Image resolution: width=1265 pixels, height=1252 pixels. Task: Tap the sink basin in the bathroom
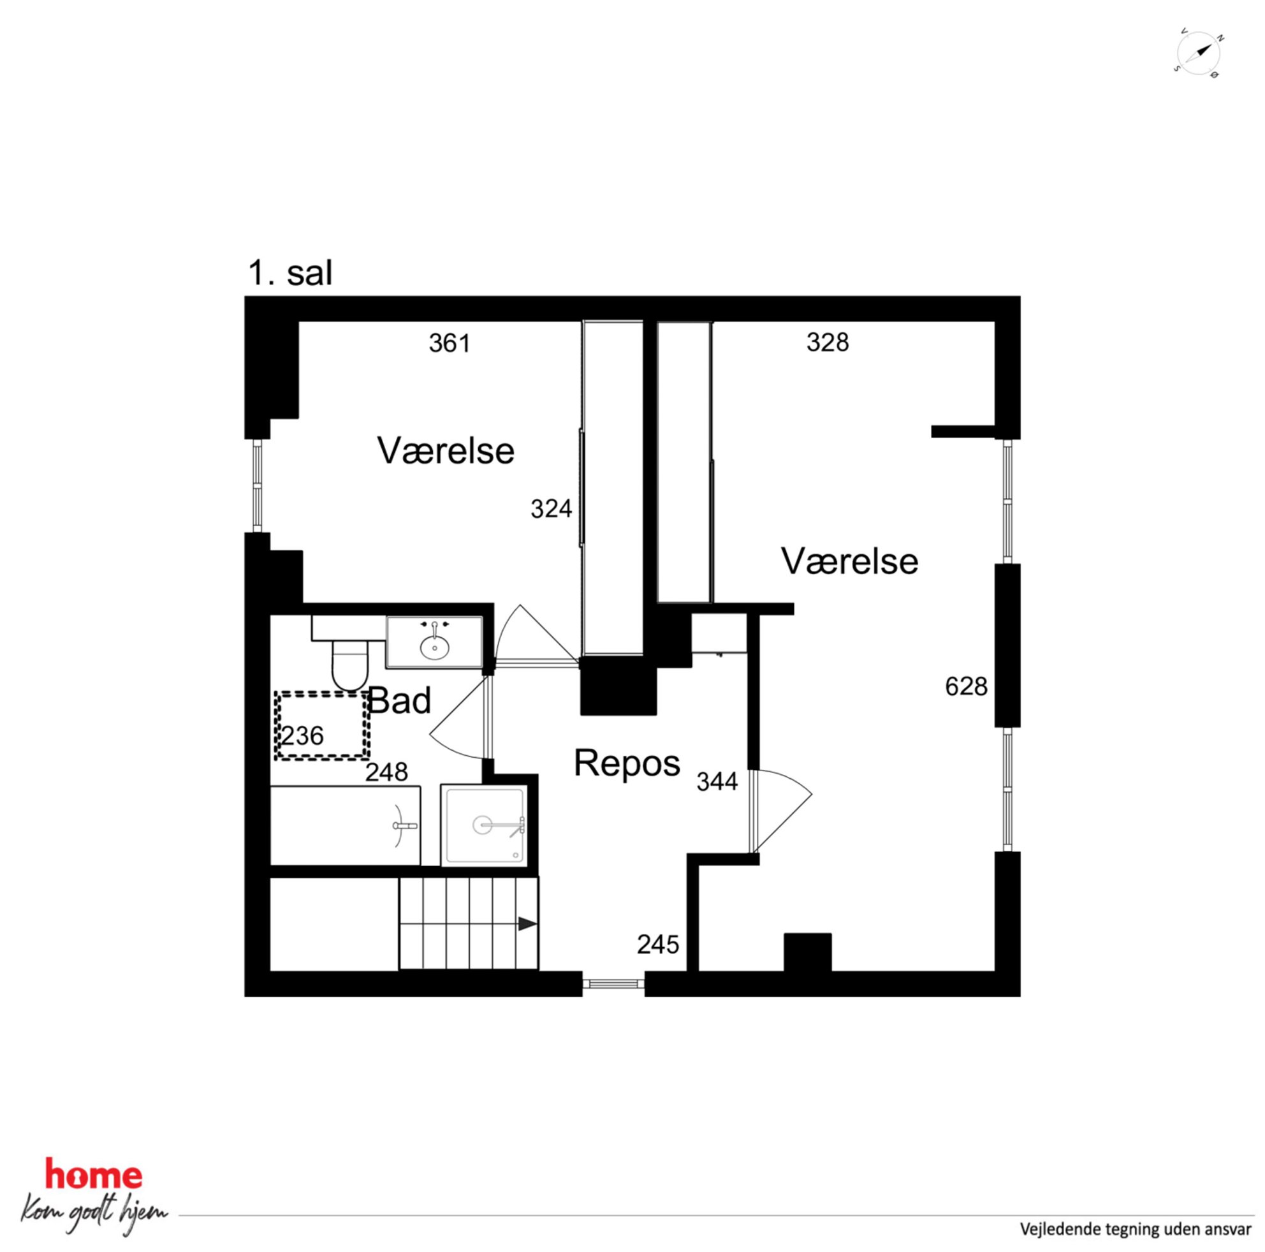[x=435, y=648]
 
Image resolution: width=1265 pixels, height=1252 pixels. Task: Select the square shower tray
[x=485, y=825]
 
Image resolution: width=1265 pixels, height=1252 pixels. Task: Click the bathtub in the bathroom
[x=345, y=825]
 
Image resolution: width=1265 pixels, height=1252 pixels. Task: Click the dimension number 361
[x=450, y=343]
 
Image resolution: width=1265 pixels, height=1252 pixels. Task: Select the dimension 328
[x=828, y=342]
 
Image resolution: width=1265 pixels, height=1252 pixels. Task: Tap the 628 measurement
[x=966, y=686]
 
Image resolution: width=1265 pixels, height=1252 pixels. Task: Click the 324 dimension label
[x=552, y=509]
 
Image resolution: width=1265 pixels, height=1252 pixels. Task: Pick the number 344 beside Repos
[x=717, y=781]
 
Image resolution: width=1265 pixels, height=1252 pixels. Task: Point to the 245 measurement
[x=658, y=944]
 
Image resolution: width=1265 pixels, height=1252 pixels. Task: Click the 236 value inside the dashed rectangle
[x=302, y=736]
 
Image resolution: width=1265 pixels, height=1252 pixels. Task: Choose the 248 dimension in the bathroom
[x=386, y=772]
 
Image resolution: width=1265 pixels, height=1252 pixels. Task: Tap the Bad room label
[x=399, y=702]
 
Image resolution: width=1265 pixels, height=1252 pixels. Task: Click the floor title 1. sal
[x=290, y=273]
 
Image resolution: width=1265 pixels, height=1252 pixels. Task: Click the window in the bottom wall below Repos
[x=613, y=983]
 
